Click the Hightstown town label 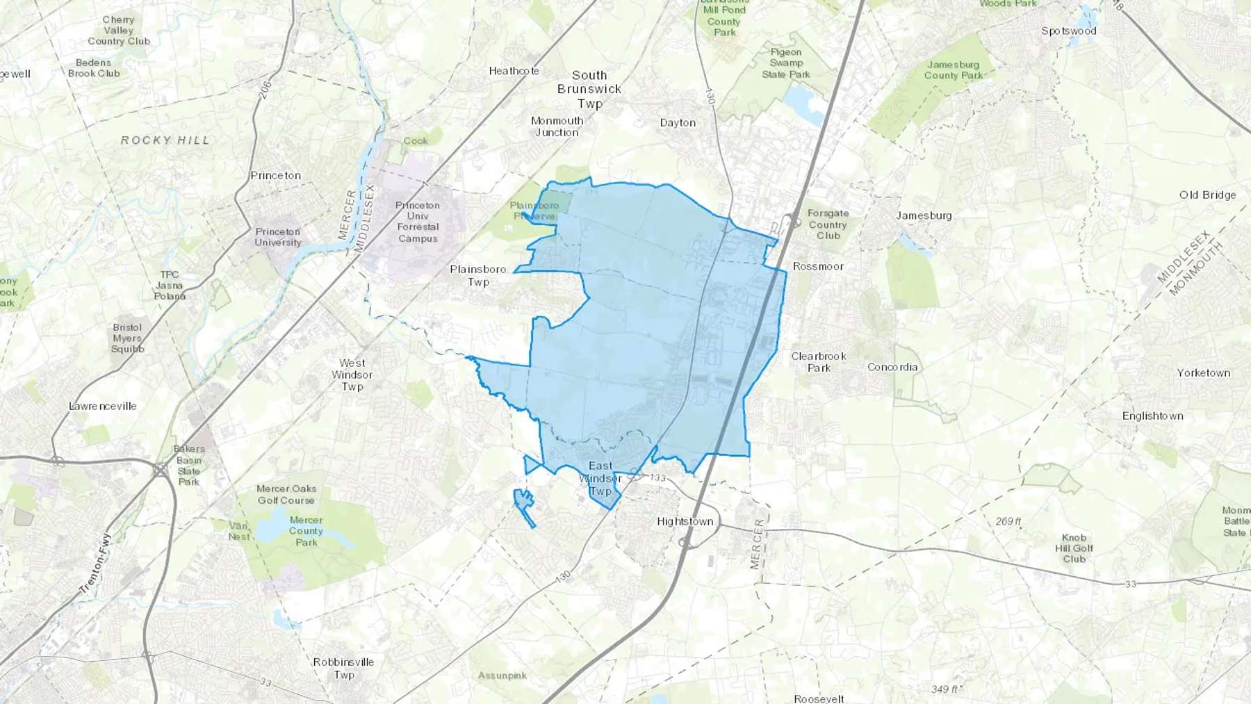[685, 521]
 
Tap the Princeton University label [278, 237]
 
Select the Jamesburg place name [924, 215]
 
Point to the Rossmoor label [818, 266]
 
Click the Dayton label [678, 123]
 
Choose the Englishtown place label [1152, 416]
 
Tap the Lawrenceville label [103, 406]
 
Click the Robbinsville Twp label [343, 668]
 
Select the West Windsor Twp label [352, 375]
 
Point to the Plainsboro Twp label [478, 275]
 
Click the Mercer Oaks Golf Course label [286, 494]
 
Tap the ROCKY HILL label [165, 140]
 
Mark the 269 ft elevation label [1008, 521]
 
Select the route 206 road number [265, 90]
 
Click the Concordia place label [892, 367]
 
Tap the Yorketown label [1203, 373]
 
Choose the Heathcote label [514, 71]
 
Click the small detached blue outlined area [523, 505]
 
